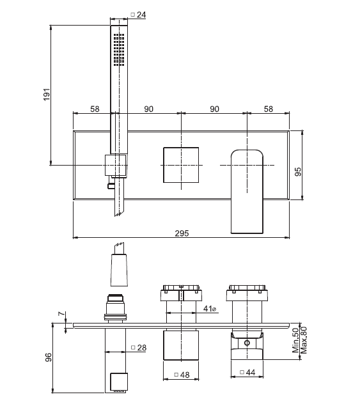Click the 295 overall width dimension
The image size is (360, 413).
coord(182,233)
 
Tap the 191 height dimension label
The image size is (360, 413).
coord(46,95)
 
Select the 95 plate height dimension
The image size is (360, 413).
coord(298,172)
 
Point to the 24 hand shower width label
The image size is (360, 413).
coord(139,15)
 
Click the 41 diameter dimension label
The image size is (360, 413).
coord(210,308)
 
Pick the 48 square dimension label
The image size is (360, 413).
coord(182,375)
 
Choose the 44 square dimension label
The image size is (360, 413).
coord(247,372)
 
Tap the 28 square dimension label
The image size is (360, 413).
coord(139,348)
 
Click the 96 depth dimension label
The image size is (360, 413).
coord(49,357)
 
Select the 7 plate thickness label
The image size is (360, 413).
coord(61,314)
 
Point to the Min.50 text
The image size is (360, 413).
coord(295,340)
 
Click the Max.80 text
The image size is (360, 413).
coord(304,340)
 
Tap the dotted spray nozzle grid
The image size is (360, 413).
coord(119,50)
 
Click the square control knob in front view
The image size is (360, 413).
coord(181,165)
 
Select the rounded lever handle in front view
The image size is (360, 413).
coord(247,192)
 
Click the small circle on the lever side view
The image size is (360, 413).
coord(247,343)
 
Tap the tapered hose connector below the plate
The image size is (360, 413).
coord(119,270)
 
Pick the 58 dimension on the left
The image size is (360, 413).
coord(95,109)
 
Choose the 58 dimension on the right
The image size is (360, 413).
coord(269,109)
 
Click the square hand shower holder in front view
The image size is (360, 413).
coord(116,165)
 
